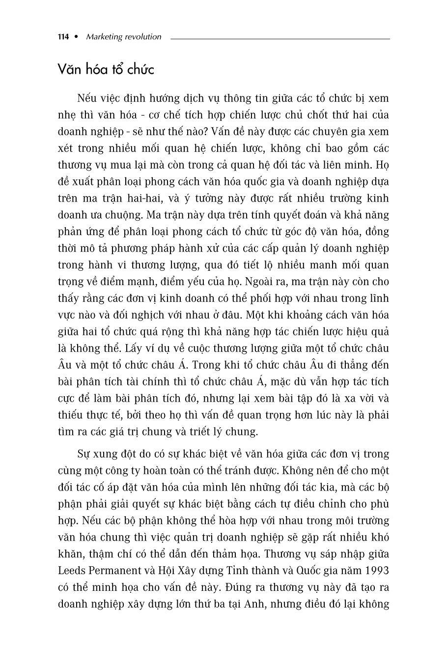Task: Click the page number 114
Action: (x=63, y=37)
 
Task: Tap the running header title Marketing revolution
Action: (x=123, y=37)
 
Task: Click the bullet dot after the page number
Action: (x=76, y=37)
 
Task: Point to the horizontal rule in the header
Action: (x=280, y=38)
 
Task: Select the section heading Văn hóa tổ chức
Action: (x=106, y=69)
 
